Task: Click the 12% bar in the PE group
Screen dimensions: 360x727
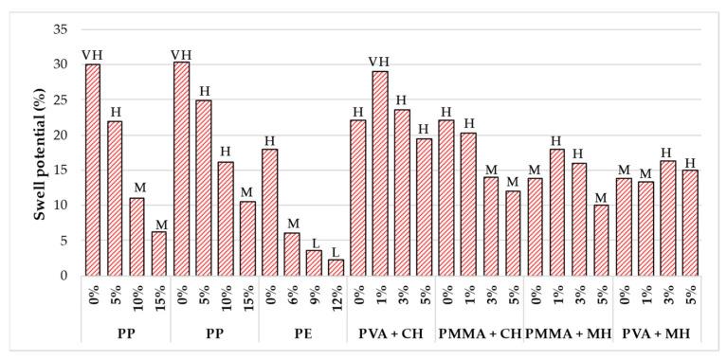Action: [336, 267]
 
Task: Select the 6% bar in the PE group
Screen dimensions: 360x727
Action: [292, 254]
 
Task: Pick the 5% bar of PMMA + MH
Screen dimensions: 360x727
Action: [600, 240]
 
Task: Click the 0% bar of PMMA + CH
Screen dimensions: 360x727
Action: [446, 197]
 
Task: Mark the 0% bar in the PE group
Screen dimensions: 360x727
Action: [270, 212]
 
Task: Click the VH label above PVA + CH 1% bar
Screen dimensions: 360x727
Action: [379, 63]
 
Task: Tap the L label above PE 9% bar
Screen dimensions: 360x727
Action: [315, 243]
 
